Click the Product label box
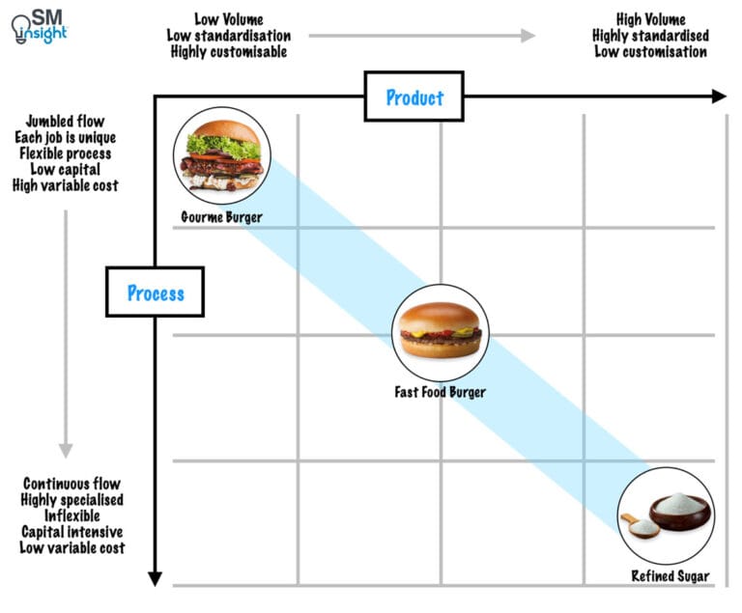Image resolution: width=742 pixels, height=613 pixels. [x=414, y=97]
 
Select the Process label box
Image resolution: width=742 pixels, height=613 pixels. [x=155, y=293]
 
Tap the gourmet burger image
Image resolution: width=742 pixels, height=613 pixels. [x=222, y=156]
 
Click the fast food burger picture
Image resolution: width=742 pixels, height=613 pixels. [x=440, y=330]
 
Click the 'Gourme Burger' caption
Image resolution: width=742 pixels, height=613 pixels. [x=221, y=217]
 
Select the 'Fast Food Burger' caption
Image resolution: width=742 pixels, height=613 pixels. [x=440, y=392]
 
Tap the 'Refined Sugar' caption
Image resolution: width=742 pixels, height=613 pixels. [x=671, y=576]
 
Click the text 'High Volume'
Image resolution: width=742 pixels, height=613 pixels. [x=650, y=19]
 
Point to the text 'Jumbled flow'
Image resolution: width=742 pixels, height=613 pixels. [x=66, y=123]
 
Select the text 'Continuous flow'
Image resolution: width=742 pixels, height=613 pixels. [x=71, y=484]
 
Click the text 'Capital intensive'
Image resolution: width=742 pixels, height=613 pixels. [x=71, y=532]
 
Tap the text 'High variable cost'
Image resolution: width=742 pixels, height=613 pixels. [x=66, y=185]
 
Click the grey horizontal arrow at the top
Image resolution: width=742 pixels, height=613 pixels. [x=421, y=36]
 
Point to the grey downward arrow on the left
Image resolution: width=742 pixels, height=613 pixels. [x=66, y=319]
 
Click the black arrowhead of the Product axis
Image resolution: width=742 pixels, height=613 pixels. [x=718, y=96]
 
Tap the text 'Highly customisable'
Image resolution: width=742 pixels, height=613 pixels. [x=228, y=52]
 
